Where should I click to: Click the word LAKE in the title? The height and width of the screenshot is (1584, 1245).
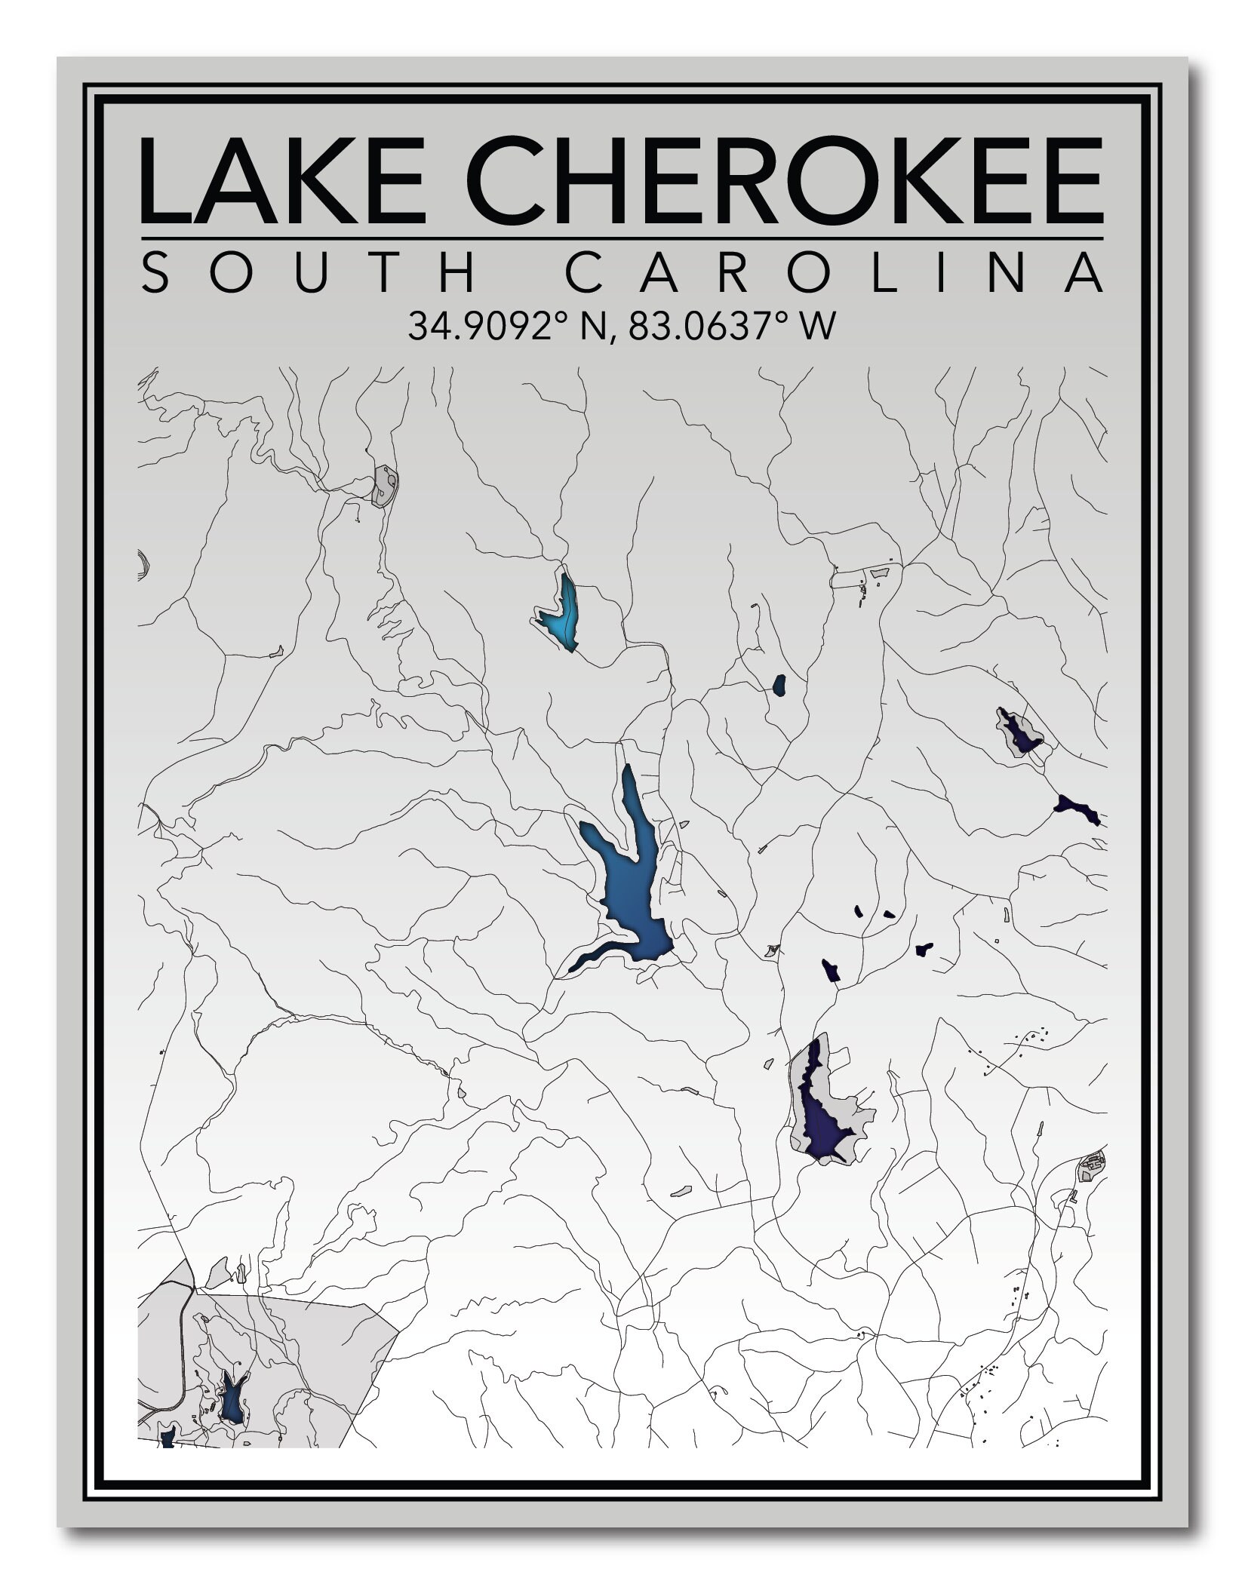pyautogui.click(x=283, y=181)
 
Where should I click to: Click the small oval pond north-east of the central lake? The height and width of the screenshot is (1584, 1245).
pyautogui.click(x=779, y=685)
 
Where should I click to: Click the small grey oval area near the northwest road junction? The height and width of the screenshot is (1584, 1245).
pyautogui.click(x=385, y=485)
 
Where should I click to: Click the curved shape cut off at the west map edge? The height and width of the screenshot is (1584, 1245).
pyautogui.click(x=143, y=564)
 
